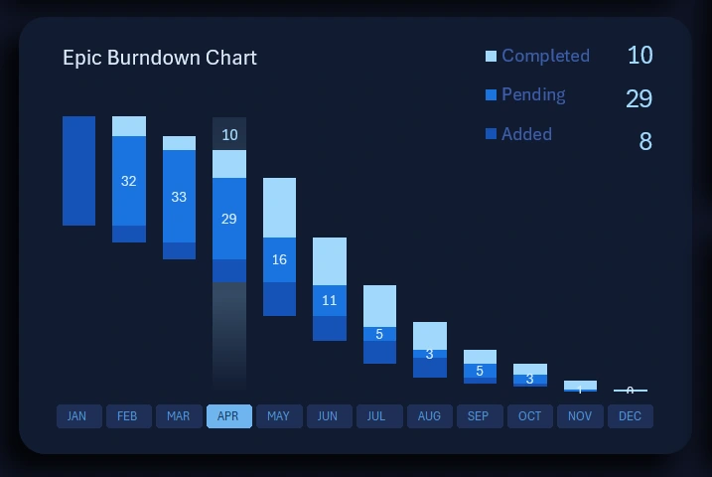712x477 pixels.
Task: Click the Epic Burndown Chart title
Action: [x=159, y=58]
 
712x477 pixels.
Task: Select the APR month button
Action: [x=228, y=416]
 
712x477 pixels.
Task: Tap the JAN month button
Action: [x=77, y=416]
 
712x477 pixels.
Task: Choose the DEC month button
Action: [x=630, y=416]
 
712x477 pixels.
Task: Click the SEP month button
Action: [x=479, y=416]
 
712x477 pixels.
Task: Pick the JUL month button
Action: [x=378, y=416]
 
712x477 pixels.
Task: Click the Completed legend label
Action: [x=545, y=56]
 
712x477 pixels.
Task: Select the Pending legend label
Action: [x=533, y=94]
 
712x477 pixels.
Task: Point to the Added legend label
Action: [x=526, y=134]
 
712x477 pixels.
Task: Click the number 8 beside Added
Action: [x=644, y=142]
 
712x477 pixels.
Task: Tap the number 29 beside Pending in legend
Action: [x=639, y=98]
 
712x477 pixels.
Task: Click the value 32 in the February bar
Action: [x=128, y=181]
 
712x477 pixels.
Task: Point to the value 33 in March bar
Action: [x=179, y=197]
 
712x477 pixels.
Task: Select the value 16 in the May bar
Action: [x=279, y=259]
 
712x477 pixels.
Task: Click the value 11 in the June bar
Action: [x=329, y=300]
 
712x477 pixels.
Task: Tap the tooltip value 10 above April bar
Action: [x=229, y=134]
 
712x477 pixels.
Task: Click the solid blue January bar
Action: [x=78, y=171]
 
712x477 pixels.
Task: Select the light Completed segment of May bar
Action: [x=279, y=207]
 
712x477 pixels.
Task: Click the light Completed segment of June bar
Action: [x=329, y=260]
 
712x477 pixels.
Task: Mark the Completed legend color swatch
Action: [x=491, y=57]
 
